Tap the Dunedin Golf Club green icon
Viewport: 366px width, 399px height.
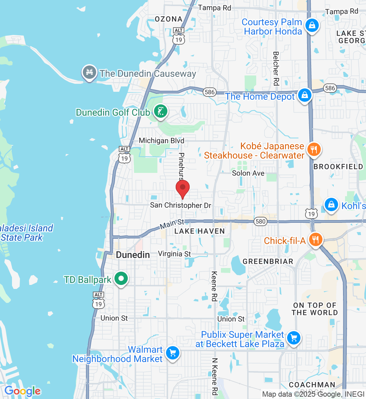pyautogui.click(x=160, y=111)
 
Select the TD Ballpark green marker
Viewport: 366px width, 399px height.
pyautogui.click(x=121, y=279)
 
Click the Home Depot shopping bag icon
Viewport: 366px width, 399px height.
pyautogui.click(x=304, y=95)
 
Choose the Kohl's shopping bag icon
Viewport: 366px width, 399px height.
pyautogui.click(x=331, y=204)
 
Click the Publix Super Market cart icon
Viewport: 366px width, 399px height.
pyautogui.click(x=293, y=338)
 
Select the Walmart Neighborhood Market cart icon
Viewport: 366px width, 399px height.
pyautogui.click(x=173, y=353)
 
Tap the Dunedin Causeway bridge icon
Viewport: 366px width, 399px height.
pyautogui.click(x=89, y=72)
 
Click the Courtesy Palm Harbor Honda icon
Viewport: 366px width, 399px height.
pyautogui.click(x=312, y=26)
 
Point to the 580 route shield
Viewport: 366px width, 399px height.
pyautogui.click(x=261, y=221)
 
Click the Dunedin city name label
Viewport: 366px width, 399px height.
pyautogui.click(x=133, y=255)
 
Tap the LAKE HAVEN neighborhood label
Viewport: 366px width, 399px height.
pyautogui.click(x=200, y=231)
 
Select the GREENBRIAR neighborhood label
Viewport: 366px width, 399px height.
pyautogui.click(x=268, y=262)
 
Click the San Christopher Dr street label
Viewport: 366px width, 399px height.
pyautogui.click(x=180, y=205)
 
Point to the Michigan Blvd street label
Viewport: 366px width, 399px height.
pyautogui.click(x=161, y=141)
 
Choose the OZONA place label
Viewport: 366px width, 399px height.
pyautogui.click(x=169, y=19)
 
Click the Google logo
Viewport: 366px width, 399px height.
pyautogui.click(x=23, y=391)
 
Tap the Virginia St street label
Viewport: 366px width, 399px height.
pyautogui.click(x=174, y=254)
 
